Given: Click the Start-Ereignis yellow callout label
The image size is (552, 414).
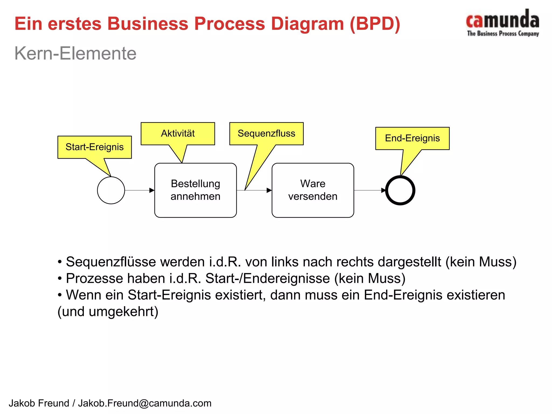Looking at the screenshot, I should pos(94,147).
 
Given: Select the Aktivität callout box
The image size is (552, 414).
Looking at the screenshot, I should pos(178,134).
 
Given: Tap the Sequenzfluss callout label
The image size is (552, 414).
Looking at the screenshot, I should pos(266,134).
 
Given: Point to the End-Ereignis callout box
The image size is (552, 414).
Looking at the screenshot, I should pos(412,138).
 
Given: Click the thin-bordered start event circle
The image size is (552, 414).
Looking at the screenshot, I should pos(111,190).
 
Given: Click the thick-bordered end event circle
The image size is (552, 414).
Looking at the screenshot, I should pos(400,190).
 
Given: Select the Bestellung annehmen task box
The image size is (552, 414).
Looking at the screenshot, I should pos(195,190).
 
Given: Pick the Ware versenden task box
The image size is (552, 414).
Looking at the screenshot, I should pos(313,190).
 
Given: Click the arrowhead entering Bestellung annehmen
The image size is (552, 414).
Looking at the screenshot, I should pos(152,190).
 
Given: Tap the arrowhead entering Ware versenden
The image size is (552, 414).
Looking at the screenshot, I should pos(269,190).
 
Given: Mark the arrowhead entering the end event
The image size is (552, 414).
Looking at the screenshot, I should pos(384,190).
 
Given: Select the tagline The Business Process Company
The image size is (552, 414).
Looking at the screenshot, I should pos(503,34).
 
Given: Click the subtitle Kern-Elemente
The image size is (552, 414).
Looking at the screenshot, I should pos(75,53).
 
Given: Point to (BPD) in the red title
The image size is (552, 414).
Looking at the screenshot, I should pos(375,24).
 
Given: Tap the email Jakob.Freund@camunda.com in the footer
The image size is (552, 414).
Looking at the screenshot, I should pos(145,403).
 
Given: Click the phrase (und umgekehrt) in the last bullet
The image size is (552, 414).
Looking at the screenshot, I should pos(108,312).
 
